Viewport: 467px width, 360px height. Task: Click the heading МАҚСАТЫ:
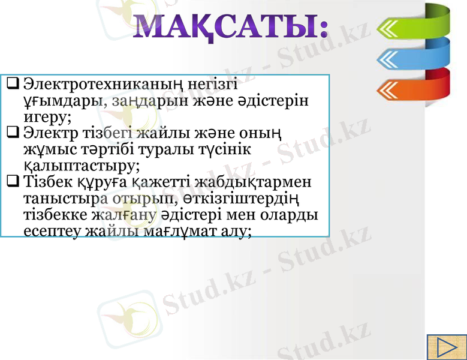point(230,28)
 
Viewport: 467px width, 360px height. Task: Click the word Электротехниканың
point(103,83)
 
